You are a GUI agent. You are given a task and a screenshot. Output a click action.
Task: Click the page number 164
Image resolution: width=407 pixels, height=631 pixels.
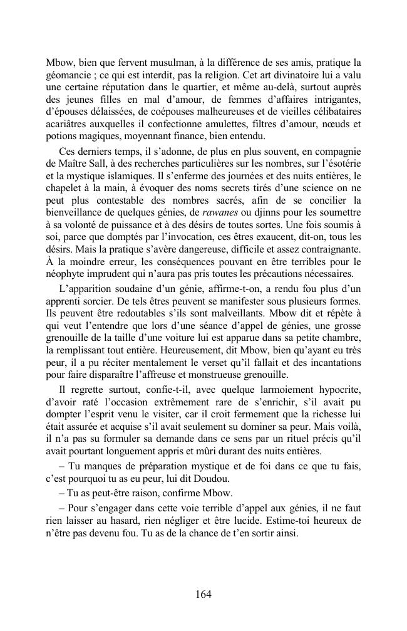pyautogui.click(x=203, y=595)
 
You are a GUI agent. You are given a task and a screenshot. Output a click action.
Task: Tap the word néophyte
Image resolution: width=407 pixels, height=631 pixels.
pyautogui.click(x=67, y=274)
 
